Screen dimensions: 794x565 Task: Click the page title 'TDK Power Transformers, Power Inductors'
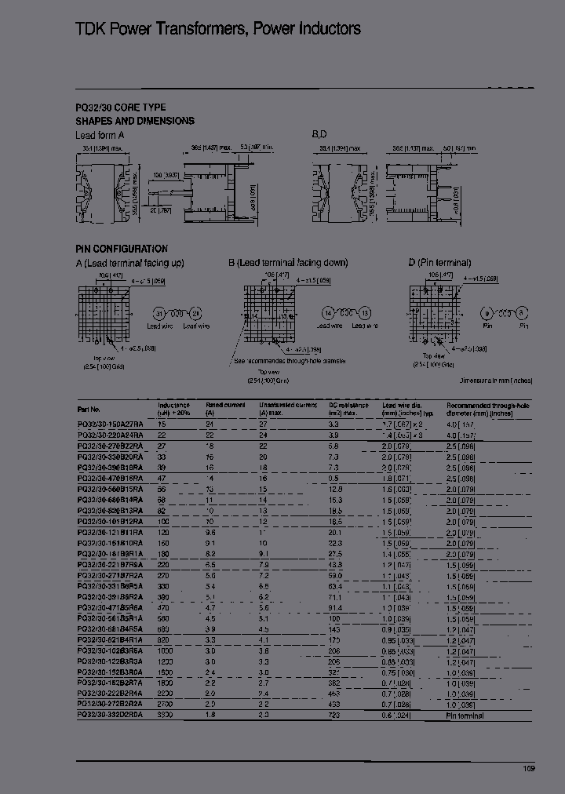point(218,29)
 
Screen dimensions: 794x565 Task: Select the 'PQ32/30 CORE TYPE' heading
point(120,107)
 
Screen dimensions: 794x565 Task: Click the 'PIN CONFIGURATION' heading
point(122,249)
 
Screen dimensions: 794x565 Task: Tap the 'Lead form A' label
point(100,135)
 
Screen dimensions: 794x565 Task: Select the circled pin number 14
point(328,311)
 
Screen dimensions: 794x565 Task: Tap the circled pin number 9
point(487,311)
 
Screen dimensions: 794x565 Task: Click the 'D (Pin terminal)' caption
point(439,263)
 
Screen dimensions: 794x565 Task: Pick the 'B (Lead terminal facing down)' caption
point(288,263)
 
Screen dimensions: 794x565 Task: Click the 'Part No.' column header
point(89,409)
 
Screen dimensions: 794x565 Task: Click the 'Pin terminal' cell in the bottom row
point(465,716)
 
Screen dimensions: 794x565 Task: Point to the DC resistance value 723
point(333,716)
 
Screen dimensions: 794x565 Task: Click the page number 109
point(530,768)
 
